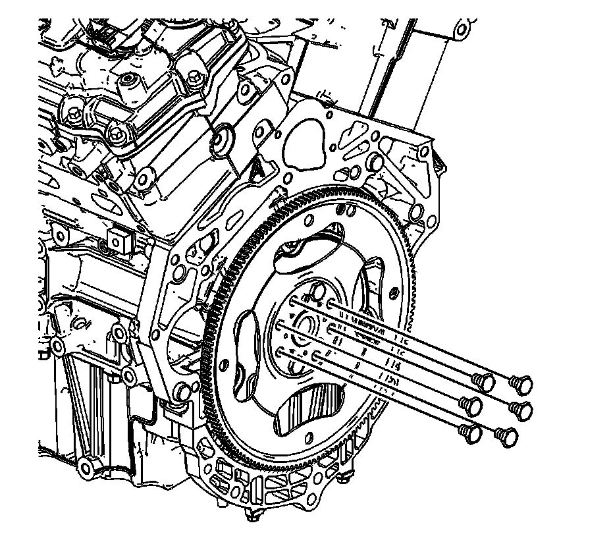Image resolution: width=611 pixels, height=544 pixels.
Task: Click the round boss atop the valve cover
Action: pyautogui.click(x=126, y=84)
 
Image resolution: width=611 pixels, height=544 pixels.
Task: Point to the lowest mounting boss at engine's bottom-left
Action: pyautogui.click(x=86, y=468)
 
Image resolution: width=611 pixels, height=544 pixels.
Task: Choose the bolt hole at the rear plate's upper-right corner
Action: pyautogui.click(x=416, y=211)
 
